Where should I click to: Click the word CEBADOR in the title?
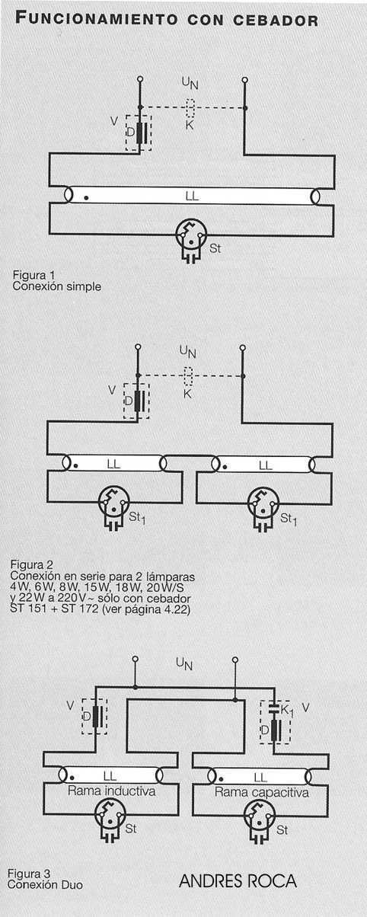point(276,21)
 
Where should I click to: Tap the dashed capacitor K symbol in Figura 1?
point(190,108)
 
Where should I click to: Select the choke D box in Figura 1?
point(139,133)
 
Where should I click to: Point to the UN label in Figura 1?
point(190,83)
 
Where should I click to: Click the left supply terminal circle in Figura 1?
point(140,78)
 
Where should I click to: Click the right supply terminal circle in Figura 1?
point(244,79)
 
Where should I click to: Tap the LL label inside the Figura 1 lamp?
point(191,196)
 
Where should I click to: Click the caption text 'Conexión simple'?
point(57,286)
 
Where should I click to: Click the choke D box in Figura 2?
point(136,401)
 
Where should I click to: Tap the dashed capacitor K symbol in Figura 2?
point(188,376)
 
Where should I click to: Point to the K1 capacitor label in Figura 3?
point(287,711)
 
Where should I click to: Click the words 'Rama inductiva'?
point(112,791)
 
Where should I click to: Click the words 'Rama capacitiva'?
point(261,792)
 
